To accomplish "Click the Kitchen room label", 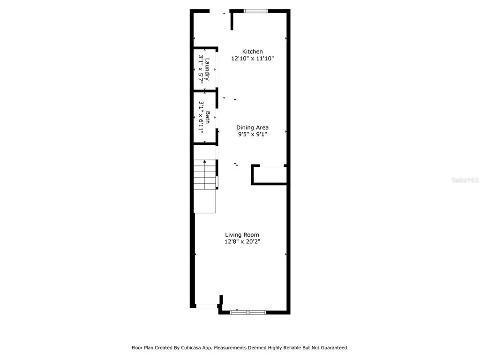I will [x=252, y=52].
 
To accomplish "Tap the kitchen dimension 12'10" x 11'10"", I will [x=252, y=59].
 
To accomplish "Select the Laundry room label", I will [x=207, y=69].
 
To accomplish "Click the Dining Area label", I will [x=252, y=127].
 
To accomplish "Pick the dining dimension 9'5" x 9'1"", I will [x=252, y=135].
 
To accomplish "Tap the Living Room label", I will [x=242, y=235].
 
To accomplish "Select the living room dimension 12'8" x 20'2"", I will [x=242, y=242].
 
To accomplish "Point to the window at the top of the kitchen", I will [x=255, y=11].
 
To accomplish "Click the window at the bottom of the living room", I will [x=248, y=312].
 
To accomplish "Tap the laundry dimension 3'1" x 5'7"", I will [x=201, y=69].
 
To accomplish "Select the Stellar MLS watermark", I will [x=465, y=180].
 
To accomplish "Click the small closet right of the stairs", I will [x=270, y=175].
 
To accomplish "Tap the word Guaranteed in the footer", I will [x=334, y=348].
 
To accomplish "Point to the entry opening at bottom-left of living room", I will [x=206, y=306].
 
